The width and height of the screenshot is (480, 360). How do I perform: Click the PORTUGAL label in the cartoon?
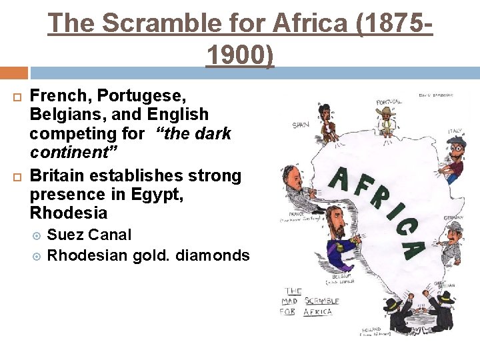389,102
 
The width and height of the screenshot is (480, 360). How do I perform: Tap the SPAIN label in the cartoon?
301,125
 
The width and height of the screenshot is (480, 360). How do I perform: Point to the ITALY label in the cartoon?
456,131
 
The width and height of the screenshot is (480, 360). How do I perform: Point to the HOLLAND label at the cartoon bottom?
372,329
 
